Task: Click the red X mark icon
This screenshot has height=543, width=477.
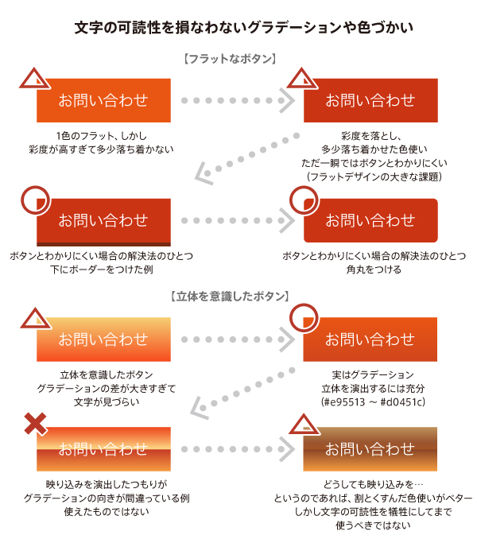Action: click(34, 425)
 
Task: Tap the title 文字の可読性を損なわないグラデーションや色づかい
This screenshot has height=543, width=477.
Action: click(238, 28)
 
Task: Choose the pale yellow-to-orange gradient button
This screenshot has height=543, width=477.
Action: click(103, 339)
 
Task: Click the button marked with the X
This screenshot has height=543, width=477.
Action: click(103, 448)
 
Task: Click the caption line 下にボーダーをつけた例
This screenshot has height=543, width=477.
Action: click(103, 270)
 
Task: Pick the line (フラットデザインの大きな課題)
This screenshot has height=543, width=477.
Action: click(372, 176)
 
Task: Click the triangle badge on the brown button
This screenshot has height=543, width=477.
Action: click(302, 426)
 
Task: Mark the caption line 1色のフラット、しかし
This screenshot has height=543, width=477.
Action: click(103, 135)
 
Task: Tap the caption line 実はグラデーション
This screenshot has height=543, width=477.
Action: click(372, 374)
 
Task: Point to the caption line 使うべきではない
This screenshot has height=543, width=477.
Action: click(372, 526)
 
